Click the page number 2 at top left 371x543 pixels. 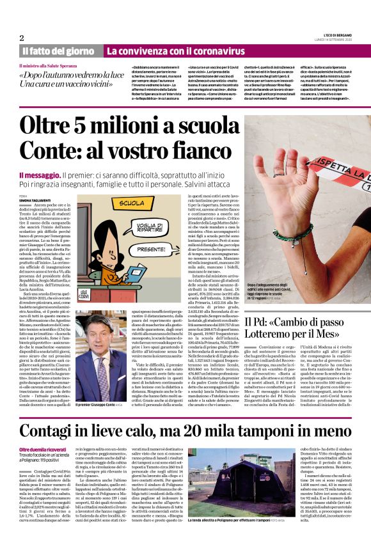pos(22,38)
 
